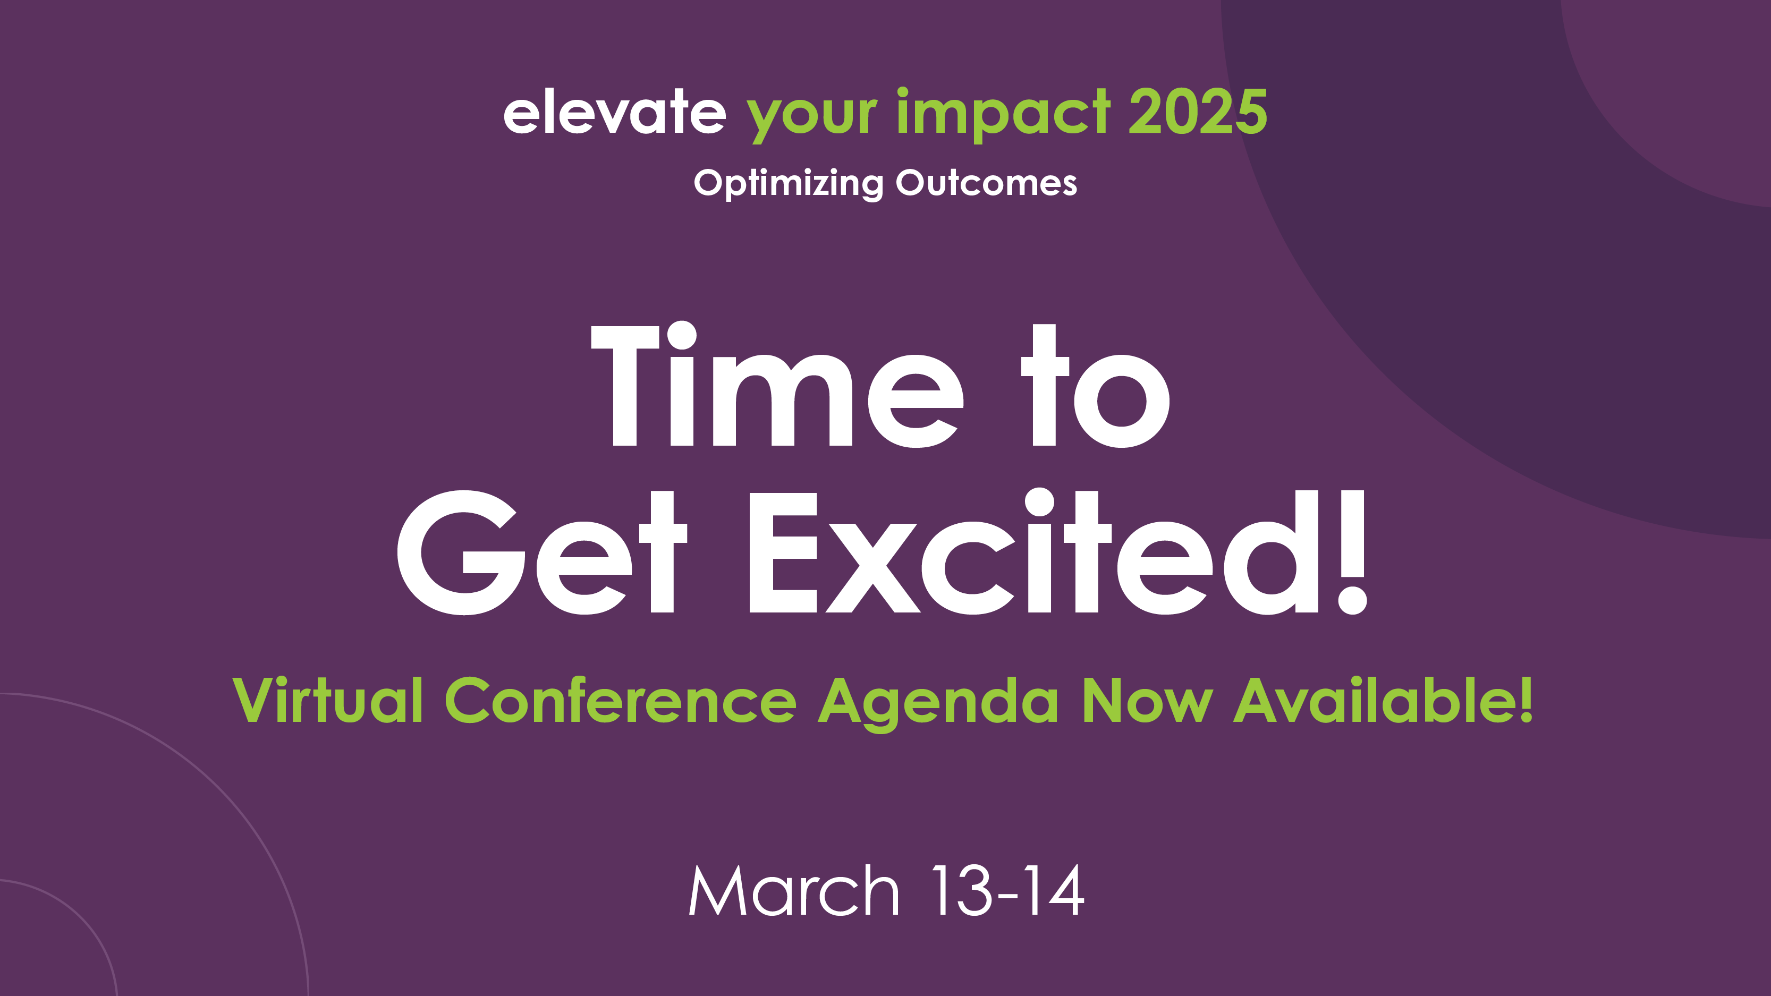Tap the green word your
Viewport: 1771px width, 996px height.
812,117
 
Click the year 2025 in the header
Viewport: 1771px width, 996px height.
1198,112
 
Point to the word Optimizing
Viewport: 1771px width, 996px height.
789,183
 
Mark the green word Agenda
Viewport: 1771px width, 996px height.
938,704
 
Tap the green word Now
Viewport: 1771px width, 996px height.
1147,701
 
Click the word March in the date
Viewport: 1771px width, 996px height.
794,891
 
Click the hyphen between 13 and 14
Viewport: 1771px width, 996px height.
1007,896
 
